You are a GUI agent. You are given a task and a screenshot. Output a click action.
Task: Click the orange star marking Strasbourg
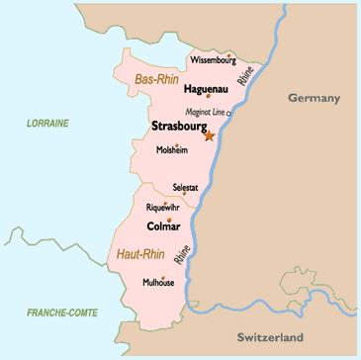pos(209,135)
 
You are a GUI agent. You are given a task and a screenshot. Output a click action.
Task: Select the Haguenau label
pos(208,88)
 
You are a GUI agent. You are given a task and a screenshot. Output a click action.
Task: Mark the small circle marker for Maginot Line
pos(229,114)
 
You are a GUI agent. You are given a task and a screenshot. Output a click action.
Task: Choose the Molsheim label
pos(171,150)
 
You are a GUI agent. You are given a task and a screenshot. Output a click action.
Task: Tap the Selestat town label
pos(185,186)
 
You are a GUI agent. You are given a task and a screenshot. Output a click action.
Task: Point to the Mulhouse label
pos(157,282)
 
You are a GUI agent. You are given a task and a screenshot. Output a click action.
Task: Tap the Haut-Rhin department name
pos(140,254)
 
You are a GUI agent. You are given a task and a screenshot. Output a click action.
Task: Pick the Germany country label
pos(314,97)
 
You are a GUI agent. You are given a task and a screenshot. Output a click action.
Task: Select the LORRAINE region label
pos(48,123)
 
